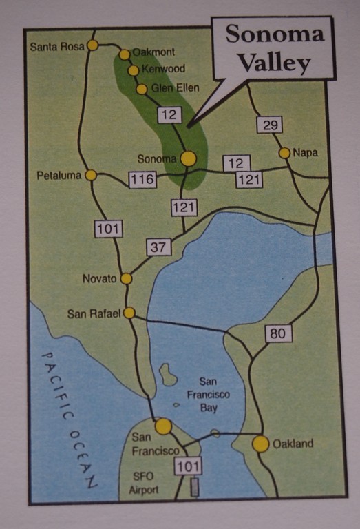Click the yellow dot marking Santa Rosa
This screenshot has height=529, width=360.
[x=92, y=46]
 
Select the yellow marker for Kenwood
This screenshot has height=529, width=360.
[x=133, y=70]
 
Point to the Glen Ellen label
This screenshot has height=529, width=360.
[x=175, y=88]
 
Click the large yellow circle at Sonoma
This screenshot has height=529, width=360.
[x=188, y=158]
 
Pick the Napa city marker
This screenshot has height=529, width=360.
[x=284, y=153]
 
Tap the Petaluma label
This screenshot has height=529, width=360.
[x=59, y=176]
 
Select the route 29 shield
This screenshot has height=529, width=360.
[x=269, y=125]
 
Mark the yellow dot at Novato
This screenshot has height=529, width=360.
[x=127, y=279]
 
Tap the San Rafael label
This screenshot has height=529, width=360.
[x=94, y=313]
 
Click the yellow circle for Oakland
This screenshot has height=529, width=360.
[x=260, y=444]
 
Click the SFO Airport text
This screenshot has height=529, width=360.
[x=145, y=483]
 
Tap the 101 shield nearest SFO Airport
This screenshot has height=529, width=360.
[x=189, y=466]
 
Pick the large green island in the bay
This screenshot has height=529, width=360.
[x=167, y=375]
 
